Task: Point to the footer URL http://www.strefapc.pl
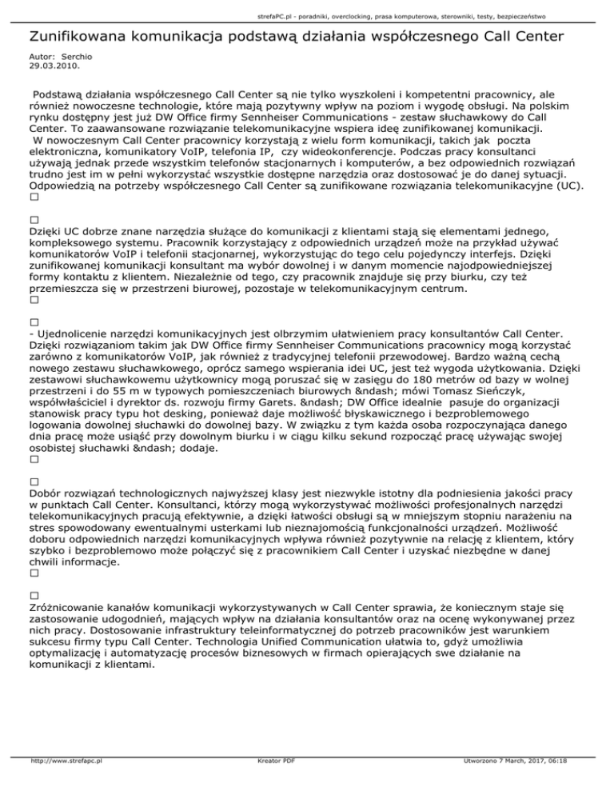(x=66, y=785)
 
